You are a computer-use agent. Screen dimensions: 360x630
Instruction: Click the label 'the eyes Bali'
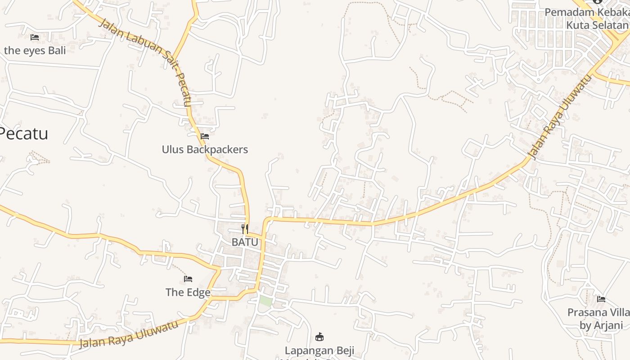[x=35, y=50]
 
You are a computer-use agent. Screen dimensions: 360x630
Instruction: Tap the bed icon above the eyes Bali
[x=35, y=37]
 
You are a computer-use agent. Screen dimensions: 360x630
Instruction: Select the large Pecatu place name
[x=24, y=134]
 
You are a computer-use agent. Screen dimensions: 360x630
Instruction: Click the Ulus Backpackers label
[x=205, y=149]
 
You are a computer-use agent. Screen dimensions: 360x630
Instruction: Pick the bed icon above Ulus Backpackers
[x=205, y=136]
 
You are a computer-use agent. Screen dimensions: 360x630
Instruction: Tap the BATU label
[x=245, y=242]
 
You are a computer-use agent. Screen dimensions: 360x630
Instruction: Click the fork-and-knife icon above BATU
[x=245, y=229]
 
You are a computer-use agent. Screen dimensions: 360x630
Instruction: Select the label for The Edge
[x=188, y=292]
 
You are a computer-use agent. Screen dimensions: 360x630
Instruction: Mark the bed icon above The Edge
[x=188, y=279]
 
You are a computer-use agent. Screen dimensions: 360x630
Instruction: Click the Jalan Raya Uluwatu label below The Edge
[x=129, y=335]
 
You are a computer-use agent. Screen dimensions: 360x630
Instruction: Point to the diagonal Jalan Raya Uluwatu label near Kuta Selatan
[x=559, y=117]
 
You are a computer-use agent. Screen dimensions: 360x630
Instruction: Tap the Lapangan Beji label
[x=319, y=351]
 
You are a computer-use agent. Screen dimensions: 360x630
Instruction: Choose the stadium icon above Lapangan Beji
[x=319, y=337]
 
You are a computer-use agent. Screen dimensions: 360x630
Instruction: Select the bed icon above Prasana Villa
[x=601, y=299]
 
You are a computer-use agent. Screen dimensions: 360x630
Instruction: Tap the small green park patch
[x=265, y=301]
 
